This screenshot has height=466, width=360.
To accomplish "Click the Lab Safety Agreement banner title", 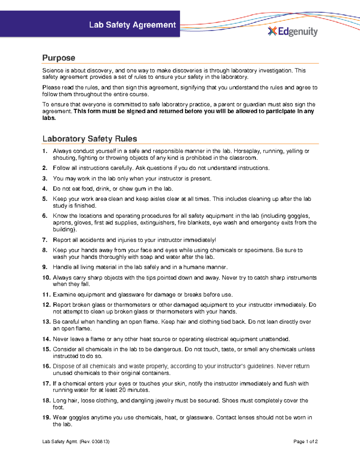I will (x=132, y=25).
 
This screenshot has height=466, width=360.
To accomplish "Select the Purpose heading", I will (x=58, y=58).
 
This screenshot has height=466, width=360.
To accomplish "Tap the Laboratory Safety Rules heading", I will (x=90, y=139).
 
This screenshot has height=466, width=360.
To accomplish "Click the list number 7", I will (x=45, y=240).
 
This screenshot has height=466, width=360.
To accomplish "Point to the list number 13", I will (x=46, y=322).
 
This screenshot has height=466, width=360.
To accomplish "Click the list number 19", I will (x=46, y=417).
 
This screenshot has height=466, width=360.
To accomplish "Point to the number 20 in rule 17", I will (x=122, y=390).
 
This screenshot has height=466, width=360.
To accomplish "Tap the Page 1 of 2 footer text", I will (x=305, y=442).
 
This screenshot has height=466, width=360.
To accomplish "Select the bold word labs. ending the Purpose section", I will (x=49, y=118).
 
